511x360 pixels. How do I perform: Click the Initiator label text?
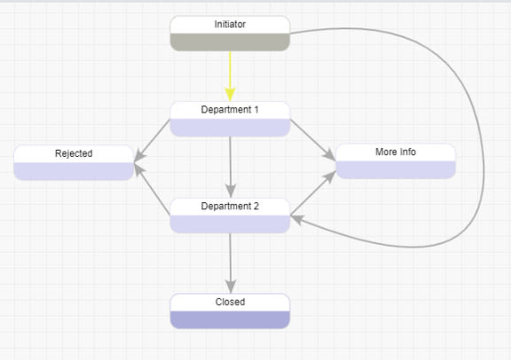tap(230, 24)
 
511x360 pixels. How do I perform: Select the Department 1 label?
tap(230, 110)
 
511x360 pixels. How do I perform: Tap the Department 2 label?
tap(230, 206)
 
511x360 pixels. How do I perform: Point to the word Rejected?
tap(74, 153)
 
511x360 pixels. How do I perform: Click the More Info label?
tap(395, 152)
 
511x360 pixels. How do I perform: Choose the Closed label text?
tap(230, 301)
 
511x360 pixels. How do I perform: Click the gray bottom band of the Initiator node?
tap(230, 42)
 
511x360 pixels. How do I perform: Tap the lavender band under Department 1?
tap(230, 128)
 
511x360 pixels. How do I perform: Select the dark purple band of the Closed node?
tap(230, 319)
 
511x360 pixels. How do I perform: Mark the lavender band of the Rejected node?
tap(74, 171)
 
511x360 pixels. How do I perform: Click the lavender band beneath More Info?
tap(395, 169)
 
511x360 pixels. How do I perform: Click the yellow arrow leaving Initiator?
tap(230, 71)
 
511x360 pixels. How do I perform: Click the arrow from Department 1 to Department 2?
tap(230, 164)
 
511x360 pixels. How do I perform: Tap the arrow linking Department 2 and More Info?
tap(312, 193)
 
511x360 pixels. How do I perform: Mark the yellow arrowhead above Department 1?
tap(230, 94)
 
